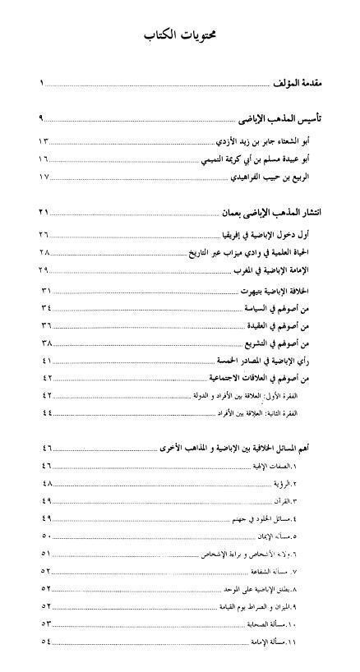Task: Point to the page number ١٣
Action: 44,140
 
